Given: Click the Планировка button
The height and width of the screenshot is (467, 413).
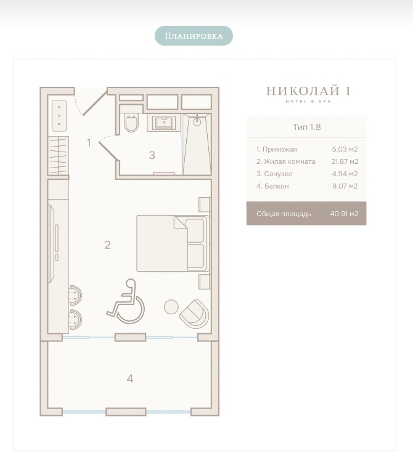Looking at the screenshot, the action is click(x=194, y=36).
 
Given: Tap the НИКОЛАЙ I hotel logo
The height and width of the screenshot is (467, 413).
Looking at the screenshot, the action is click(x=308, y=94).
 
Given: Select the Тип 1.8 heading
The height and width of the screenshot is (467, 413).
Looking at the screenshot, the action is click(x=306, y=127).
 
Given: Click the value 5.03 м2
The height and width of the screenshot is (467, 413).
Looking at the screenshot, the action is click(x=345, y=149).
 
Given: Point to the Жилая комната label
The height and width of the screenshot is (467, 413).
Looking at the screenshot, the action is click(x=286, y=161).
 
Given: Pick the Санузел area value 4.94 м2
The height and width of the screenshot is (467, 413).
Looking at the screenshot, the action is click(x=345, y=174).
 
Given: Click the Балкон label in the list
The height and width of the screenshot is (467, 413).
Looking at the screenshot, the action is click(x=272, y=186).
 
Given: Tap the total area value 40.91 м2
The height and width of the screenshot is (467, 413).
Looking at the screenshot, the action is click(x=344, y=214).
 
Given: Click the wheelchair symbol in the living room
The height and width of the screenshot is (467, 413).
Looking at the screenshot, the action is click(x=126, y=301).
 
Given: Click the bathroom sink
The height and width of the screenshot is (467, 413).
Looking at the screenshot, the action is click(x=164, y=123).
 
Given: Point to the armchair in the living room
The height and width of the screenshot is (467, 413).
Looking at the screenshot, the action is click(x=194, y=314).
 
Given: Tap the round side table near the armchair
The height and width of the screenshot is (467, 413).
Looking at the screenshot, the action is click(x=171, y=306).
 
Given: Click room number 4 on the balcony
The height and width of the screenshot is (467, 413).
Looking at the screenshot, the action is click(x=130, y=378).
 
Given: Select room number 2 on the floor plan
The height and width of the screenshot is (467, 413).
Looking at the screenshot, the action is click(x=108, y=245).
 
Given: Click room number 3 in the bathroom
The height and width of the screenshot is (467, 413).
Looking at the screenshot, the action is click(x=152, y=155).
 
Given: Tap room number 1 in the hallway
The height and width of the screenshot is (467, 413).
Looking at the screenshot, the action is click(x=89, y=143).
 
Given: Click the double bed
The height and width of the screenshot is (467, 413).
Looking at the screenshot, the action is click(x=172, y=243).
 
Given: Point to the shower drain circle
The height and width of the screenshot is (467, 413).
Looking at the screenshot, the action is click(x=197, y=121).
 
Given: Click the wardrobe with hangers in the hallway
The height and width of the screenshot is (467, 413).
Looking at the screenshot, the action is click(x=59, y=155).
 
